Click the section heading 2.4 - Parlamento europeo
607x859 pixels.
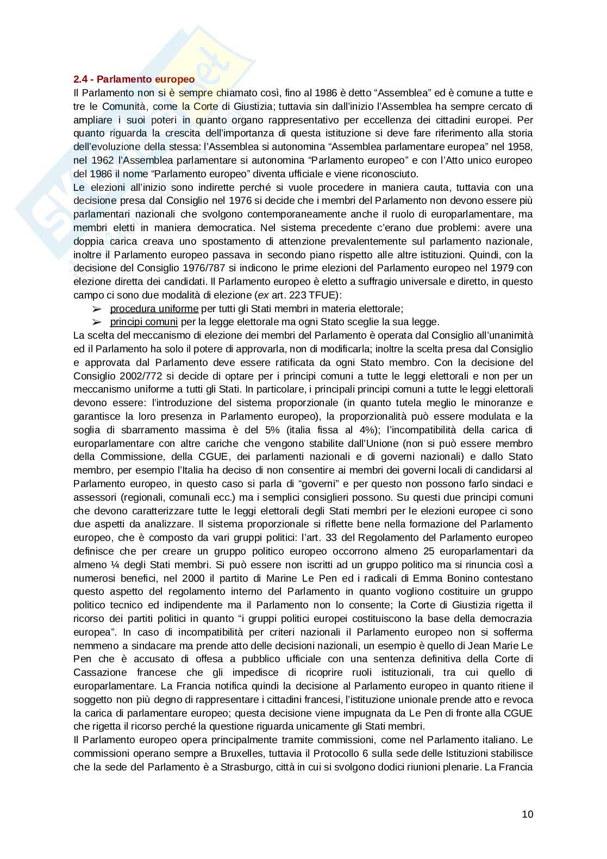click(134, 80)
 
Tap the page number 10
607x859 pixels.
click(527, 814)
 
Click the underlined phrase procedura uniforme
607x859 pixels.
click(154, 309)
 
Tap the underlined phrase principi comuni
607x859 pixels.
click(143, 322)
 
